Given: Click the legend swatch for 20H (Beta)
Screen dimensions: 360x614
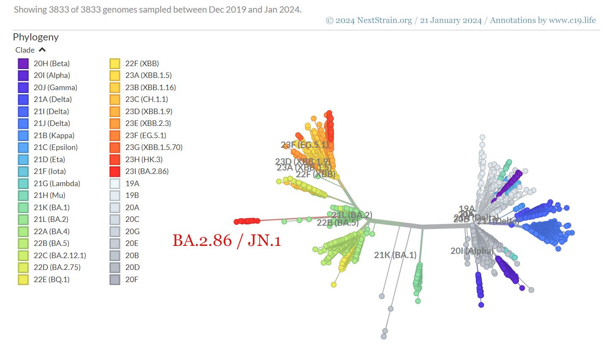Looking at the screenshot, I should [23, 64].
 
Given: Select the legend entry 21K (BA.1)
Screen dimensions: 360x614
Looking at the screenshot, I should [52, 208].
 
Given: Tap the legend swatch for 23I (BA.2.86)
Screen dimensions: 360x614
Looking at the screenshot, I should [115, 171].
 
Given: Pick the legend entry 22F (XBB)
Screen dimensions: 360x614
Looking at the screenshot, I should [142, 64].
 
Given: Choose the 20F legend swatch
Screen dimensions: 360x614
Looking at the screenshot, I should [115, 280].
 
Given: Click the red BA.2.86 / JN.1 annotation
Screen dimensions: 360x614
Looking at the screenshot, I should [227, 240].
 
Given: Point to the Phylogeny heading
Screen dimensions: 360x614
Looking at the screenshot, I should [36, 37].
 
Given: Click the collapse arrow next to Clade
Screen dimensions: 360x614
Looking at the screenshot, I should [42, 50].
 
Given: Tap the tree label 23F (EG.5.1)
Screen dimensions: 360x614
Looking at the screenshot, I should [304, 145].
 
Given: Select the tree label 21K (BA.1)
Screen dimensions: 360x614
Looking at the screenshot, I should [395, 255].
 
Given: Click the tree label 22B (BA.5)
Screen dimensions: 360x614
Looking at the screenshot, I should [337, 223].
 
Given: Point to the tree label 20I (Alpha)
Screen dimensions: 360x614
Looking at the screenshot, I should [471, 251].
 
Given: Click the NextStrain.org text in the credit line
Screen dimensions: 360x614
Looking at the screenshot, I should [384, 20].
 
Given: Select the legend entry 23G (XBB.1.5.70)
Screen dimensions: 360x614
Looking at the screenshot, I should [154, 147].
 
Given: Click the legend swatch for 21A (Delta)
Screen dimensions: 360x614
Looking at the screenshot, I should [23, 99].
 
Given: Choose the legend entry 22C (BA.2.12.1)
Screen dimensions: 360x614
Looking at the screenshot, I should [60, 256].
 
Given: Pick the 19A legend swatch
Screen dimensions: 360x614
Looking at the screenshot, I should [115, 184].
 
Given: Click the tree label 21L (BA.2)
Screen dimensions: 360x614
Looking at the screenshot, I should [352, 215].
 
